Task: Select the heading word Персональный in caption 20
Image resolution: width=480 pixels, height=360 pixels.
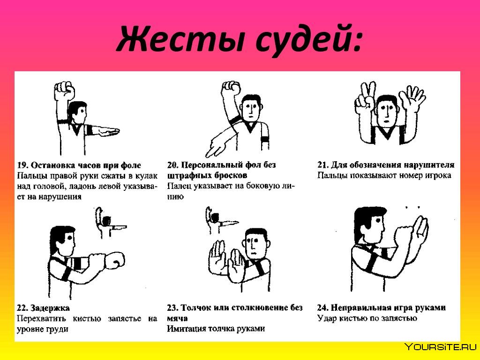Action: coord(213,165)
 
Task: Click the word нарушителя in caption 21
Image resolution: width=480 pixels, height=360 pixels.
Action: coord(429,165)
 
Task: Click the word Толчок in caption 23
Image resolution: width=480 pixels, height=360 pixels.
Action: coord(197,307)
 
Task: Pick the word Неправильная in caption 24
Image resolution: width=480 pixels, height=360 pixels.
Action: coord(364,307)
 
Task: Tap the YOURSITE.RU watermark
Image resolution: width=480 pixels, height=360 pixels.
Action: coord(441,347)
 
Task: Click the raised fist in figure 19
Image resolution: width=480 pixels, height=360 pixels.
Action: coord(65,90)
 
